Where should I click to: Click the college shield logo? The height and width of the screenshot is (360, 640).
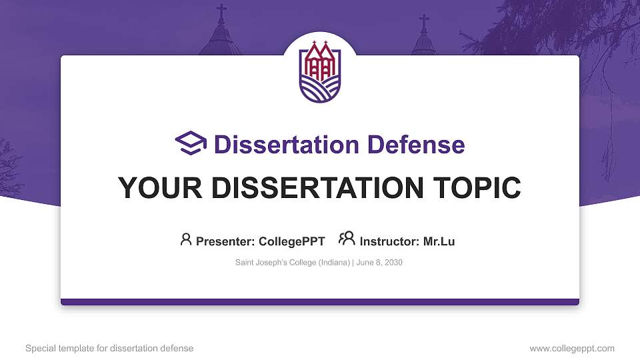tap(320, 71)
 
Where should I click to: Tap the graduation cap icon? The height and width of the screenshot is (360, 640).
tap(191, 143)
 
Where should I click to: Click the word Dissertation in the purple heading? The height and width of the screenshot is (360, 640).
tap(287, 145)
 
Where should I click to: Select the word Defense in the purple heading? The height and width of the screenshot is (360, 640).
tap(416, 145)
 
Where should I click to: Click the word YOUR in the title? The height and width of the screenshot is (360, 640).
tap(160, 188)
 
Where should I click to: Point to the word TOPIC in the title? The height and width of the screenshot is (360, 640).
tap(477, 188)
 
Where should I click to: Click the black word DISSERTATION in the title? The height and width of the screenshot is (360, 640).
tap(317, 188)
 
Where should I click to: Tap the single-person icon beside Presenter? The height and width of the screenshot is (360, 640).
tap(186, 239)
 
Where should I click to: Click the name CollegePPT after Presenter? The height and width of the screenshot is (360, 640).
tap(292, 241)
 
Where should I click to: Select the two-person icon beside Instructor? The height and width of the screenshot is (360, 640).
tap(347, 239)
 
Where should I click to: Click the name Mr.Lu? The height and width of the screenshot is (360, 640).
tap(439, 241)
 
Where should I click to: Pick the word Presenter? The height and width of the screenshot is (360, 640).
tap(225, 241)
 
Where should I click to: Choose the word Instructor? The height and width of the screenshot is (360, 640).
tap(389, 241)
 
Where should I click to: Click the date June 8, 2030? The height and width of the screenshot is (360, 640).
tap(379, 263)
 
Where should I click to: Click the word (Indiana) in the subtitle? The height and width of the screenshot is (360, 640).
tap(334, 263)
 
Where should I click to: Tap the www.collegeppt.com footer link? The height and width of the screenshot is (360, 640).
tap(572, 348)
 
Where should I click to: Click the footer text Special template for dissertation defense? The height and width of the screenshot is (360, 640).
tap(109, 348)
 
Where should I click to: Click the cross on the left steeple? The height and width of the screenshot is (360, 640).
tap(221, 13)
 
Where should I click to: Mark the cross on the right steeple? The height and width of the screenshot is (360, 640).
tap(424, 23)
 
